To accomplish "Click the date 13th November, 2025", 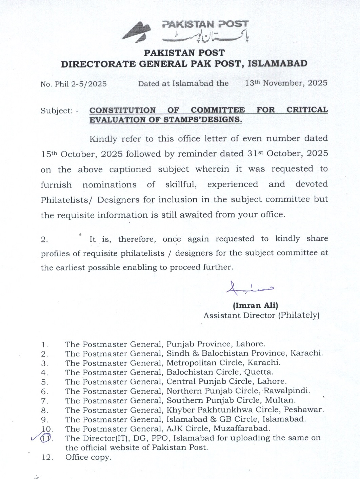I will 286,83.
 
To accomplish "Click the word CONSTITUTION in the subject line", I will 122,110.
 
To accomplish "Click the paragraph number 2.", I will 44,240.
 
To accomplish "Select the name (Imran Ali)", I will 256,306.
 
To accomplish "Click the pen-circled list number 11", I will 46,438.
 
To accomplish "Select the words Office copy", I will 88,457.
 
